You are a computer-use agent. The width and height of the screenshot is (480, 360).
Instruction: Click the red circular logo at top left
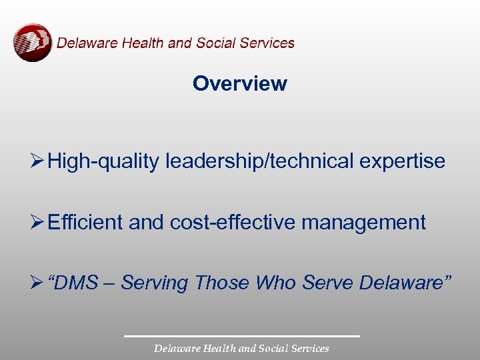click(x=32, y=43)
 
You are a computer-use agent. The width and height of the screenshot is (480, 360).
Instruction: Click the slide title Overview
click(x=240, y=84)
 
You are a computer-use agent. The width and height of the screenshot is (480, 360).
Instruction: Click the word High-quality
click(x=103, y=161)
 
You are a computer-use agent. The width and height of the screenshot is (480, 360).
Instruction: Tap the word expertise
click(x=405, y=161)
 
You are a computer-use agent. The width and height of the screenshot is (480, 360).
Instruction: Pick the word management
click(x=363, y=223)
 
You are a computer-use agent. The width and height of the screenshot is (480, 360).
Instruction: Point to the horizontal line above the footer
click(x=241, y=336)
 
